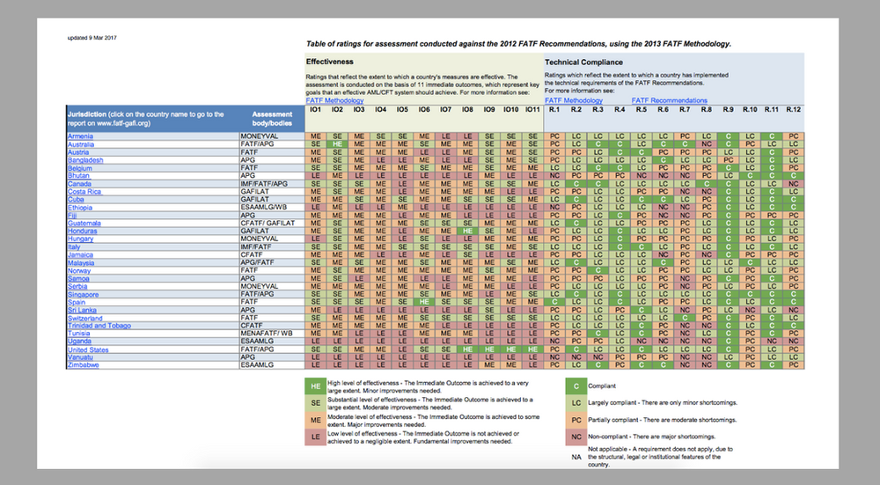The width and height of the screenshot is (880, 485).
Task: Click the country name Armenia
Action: coord(82,136)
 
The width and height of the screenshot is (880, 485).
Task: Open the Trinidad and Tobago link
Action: coord(99,326)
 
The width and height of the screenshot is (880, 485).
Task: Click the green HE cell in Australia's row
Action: coord(337,144)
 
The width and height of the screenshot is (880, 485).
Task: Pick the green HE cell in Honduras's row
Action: coord(467,231)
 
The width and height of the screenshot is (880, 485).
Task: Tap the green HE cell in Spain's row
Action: coord(424,302)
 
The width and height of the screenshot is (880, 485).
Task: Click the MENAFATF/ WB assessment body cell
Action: coord(267,334)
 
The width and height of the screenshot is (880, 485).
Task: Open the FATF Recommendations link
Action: coord(669,101)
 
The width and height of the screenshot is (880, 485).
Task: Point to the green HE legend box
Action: coord(314,386)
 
